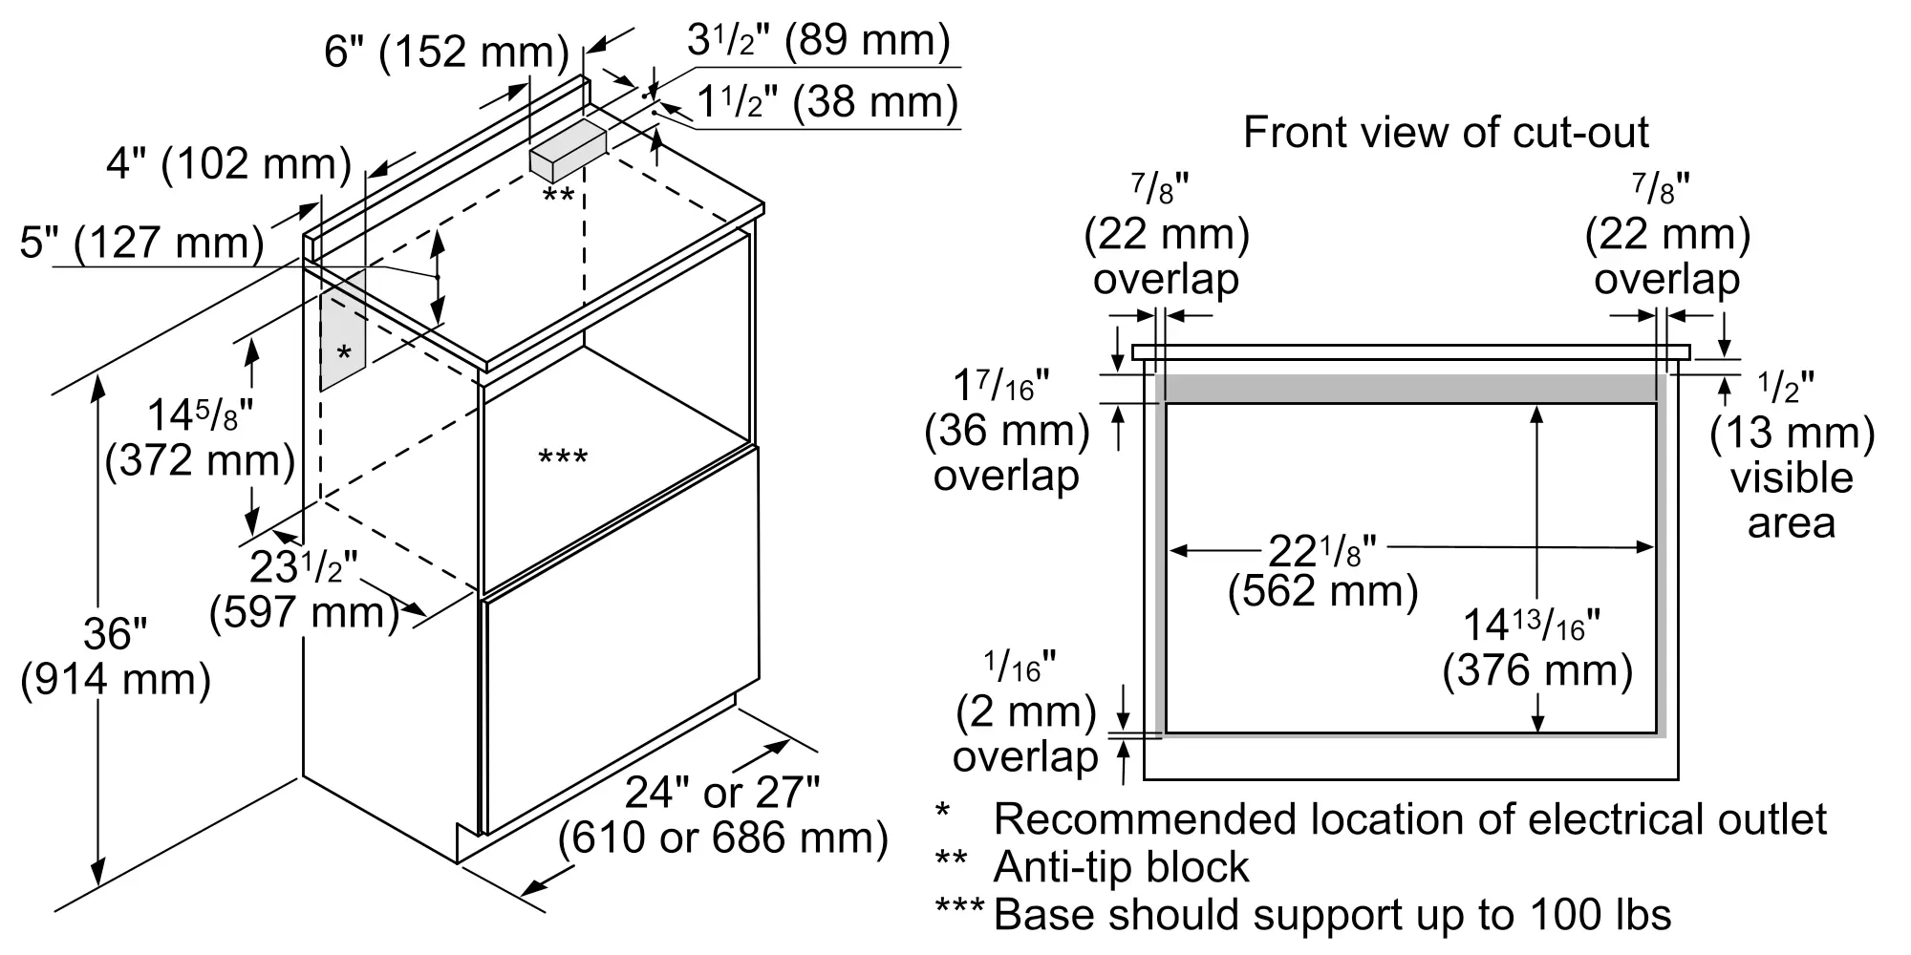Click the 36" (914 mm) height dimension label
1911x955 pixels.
coord(116,657)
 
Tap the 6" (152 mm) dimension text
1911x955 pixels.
coord(446,51)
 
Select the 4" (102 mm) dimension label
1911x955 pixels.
coord(228,164)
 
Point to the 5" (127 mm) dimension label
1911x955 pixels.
coord(141,243)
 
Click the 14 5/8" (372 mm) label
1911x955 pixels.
coord(201,439)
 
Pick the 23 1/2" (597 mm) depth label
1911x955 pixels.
coord(304,589)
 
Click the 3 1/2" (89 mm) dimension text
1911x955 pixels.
coord(819,40)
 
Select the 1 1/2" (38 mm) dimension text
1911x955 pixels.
coord(827,101)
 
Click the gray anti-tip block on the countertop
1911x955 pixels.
coord(569,150)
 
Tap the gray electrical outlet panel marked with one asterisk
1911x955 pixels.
coord(343,329)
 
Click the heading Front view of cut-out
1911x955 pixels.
coord(1446,132)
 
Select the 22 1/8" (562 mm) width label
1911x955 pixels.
coord(1323,570)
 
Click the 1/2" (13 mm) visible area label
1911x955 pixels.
coord(1792,456)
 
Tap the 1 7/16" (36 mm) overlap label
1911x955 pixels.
coord(1007,431)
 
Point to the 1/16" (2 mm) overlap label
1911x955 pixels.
coord(1026,712)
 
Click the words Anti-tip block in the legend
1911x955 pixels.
coord(1121,867)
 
